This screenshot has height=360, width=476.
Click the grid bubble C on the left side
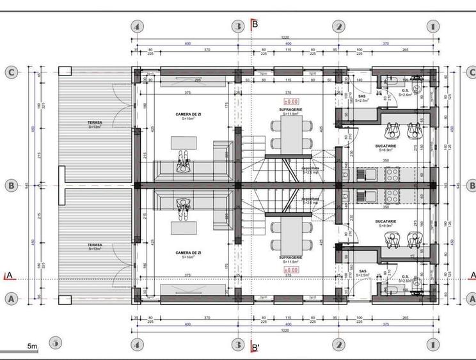11,72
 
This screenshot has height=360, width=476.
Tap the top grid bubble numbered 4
136,27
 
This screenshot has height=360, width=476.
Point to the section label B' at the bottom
255,348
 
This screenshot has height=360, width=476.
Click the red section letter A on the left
8,276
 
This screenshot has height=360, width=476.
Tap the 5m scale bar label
32,346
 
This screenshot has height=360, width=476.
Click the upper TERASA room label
95,122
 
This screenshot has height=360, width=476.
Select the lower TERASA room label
95,245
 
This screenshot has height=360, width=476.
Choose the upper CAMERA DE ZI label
189,114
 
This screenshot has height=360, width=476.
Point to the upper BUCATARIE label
386,146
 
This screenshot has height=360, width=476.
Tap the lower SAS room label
362,270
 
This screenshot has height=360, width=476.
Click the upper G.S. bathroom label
405,91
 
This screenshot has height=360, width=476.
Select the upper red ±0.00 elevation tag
291,101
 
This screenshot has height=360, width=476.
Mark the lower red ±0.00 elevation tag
291,270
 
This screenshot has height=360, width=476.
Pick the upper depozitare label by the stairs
311,169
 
